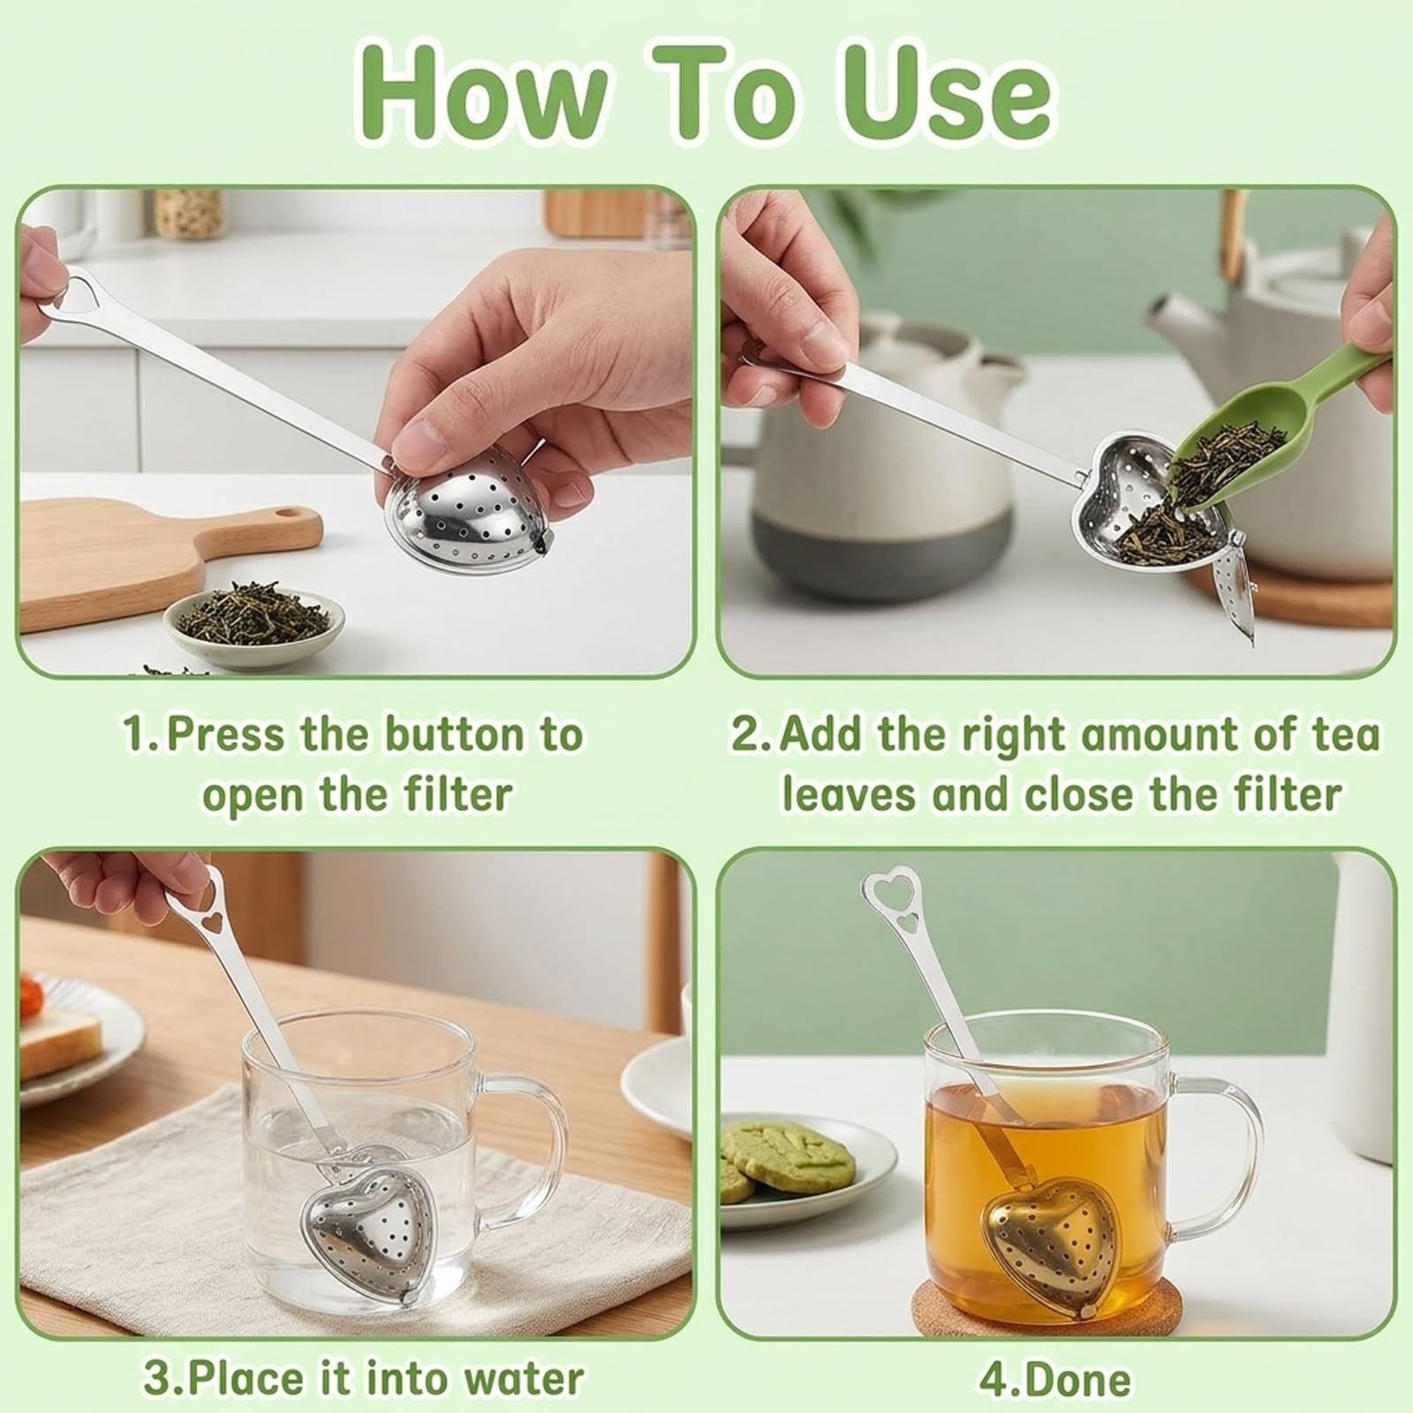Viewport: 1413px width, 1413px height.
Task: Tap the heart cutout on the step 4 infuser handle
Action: [x=908, y=924]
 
